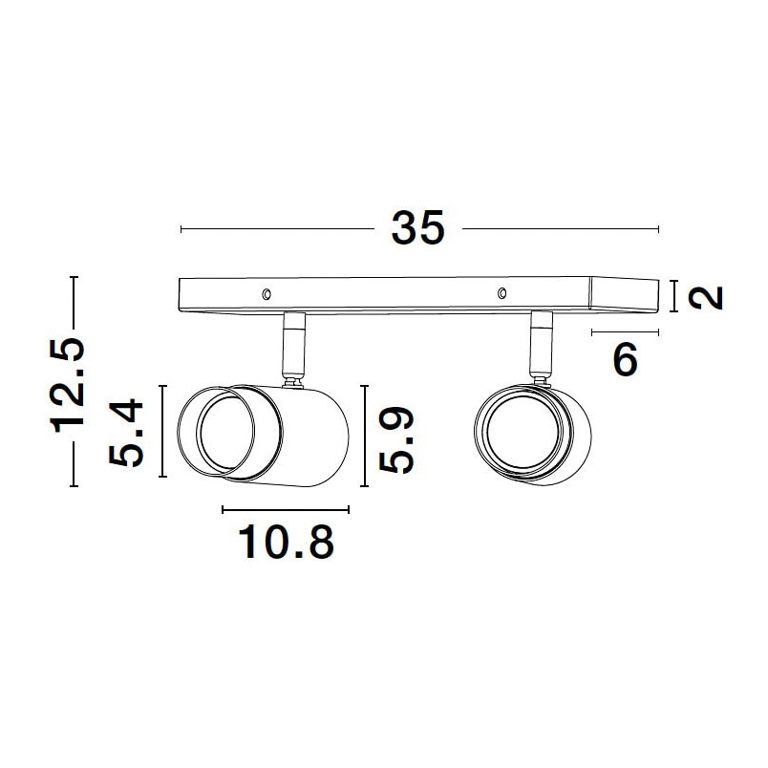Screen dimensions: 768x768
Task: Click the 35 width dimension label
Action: pos(417,227)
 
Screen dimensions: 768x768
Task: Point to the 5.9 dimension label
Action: pos(396,439)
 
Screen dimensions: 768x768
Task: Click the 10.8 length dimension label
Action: pos(286,542)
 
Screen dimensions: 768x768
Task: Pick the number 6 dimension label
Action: pos(626,359)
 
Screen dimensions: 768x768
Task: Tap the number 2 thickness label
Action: pos(705,297)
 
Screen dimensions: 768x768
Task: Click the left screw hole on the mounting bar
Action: pos(267,294)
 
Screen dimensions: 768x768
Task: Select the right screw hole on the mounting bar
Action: pos(501,293)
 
